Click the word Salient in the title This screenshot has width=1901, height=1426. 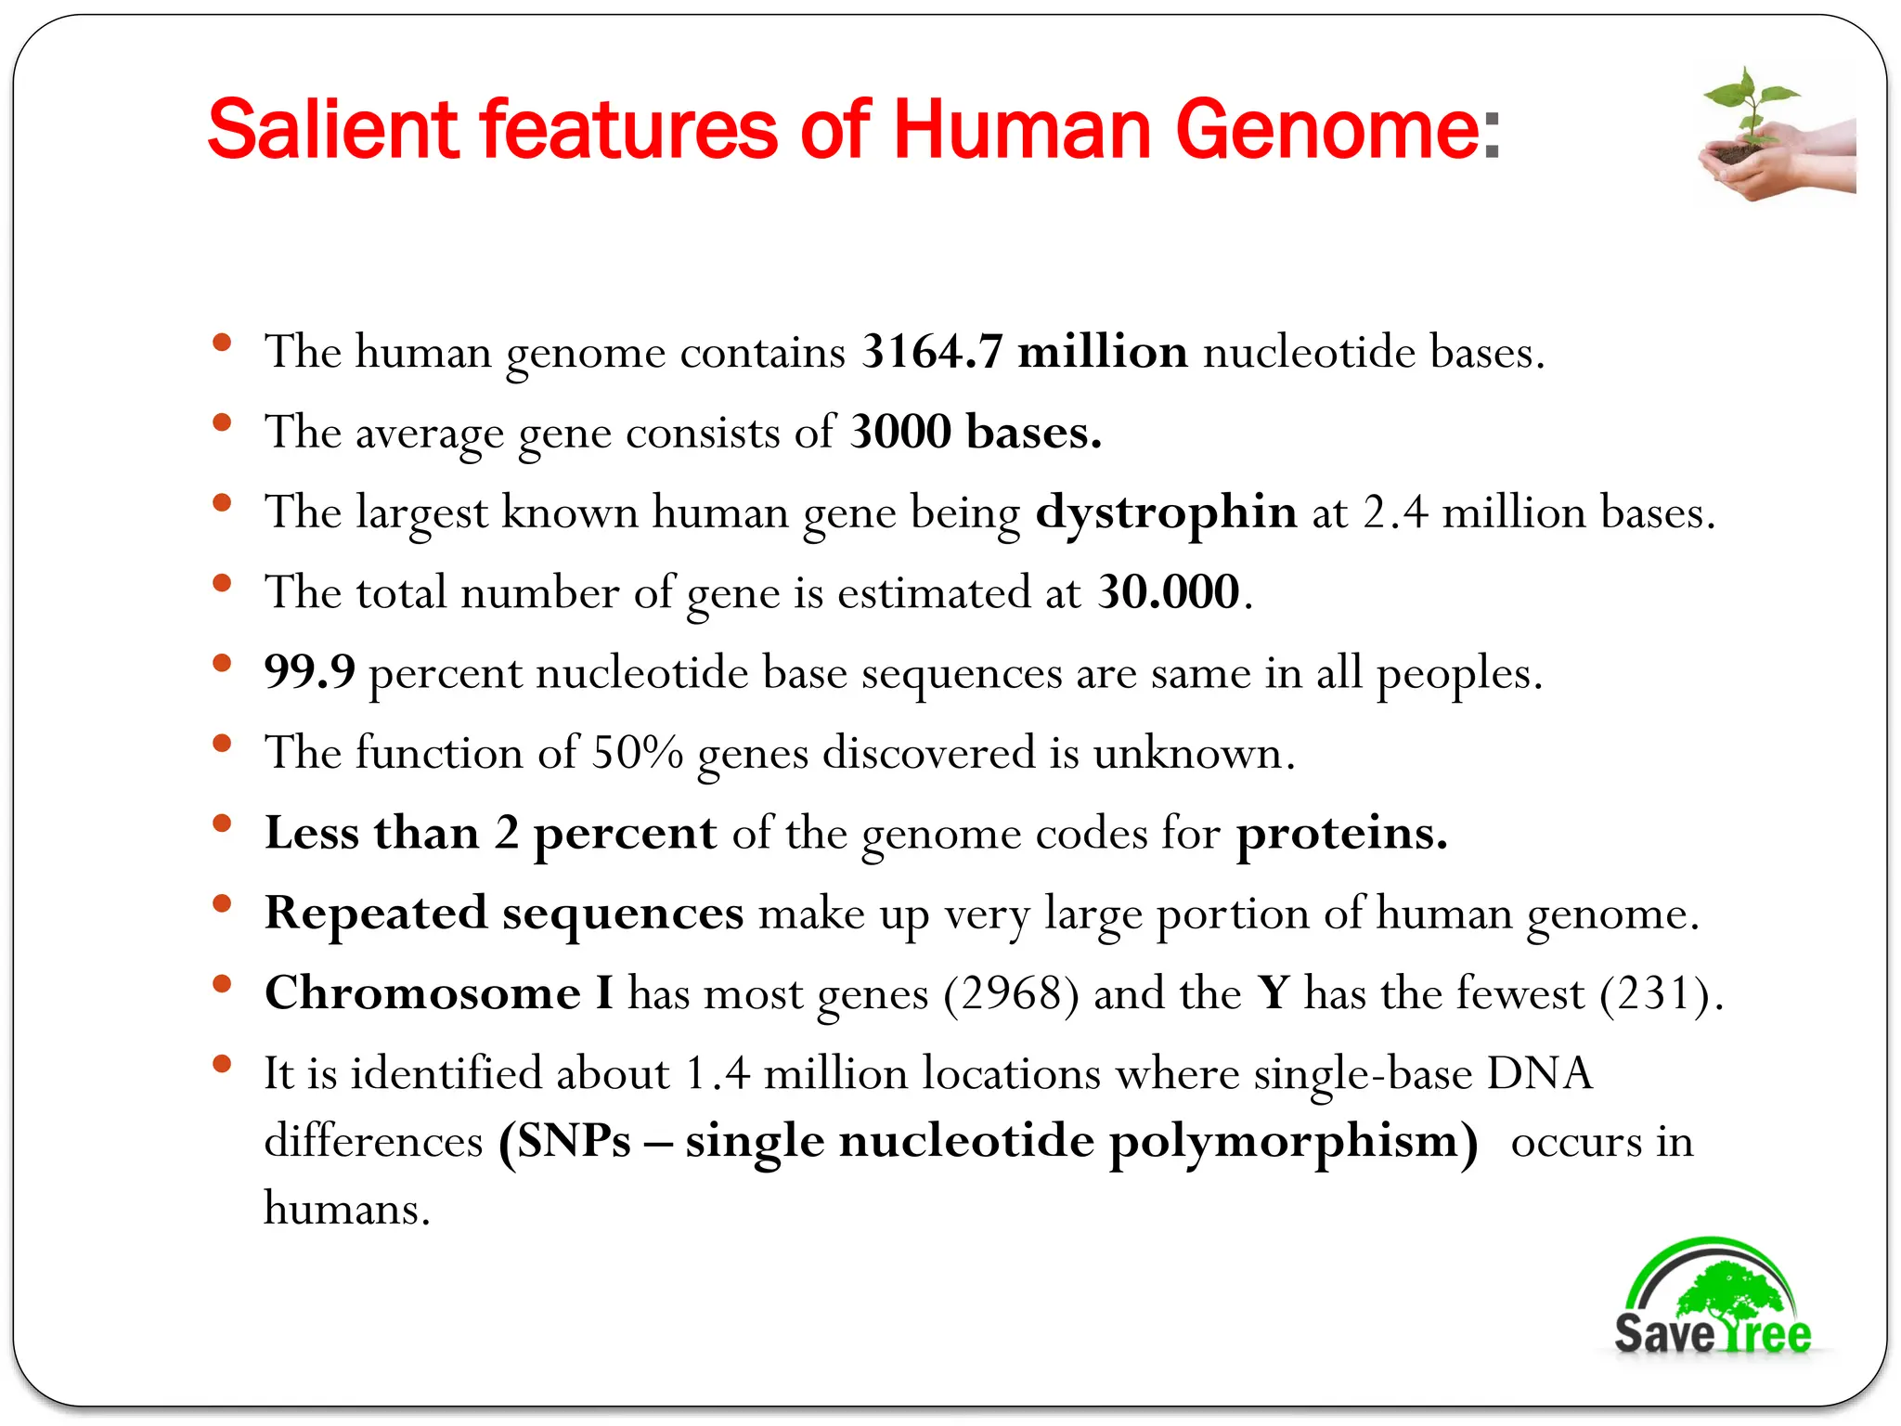(332, 129)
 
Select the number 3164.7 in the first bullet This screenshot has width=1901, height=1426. (931, 352)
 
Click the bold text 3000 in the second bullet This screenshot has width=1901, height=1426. (900, 433)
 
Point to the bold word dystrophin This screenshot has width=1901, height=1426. (1166, 512)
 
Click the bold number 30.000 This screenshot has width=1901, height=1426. (1168, 592)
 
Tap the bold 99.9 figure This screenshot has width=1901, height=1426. (309, 672)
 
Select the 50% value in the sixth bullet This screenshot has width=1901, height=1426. (638, 753)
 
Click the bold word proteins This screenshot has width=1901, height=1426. (1340, 833)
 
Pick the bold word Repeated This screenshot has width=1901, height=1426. (376, 914)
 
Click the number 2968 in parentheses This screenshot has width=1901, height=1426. (1011, 993)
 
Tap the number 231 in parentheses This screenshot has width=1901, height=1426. (1654, 993)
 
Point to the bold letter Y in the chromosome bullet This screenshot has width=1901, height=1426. (1274, 993)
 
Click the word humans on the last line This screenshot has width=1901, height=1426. (345, 1209)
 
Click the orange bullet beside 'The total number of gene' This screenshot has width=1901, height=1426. (221, 584)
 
